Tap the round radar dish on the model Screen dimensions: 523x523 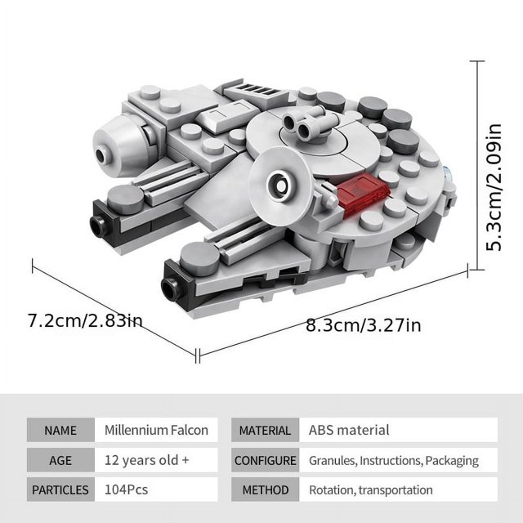(x=281, y=187)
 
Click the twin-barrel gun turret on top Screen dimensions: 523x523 (x=306, y=124)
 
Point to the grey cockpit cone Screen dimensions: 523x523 (x=120, y=145)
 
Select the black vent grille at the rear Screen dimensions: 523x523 (x=255, y=89)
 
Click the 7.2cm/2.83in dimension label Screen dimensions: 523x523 (x=85, y=321)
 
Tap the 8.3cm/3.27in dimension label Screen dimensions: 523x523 (x=363, y=325)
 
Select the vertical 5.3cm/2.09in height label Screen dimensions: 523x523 (x=494, y=187)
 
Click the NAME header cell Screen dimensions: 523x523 (x=60, y=430)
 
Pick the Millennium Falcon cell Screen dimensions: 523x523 (x=156, y=430)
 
